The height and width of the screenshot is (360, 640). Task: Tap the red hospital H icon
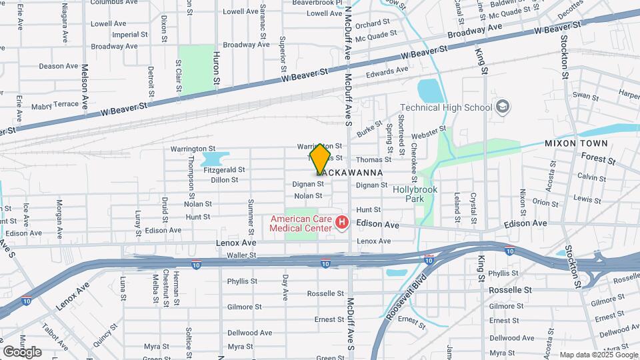(342, 222)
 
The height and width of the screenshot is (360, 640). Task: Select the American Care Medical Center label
(300, 223)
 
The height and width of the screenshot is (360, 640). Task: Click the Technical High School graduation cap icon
(502, 107)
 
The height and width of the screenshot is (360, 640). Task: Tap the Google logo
(22, 351)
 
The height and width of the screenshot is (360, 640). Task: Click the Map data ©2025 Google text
(596, 354)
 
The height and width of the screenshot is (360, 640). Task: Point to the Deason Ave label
(59, 66)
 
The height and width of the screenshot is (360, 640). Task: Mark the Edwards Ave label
(387, 70)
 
